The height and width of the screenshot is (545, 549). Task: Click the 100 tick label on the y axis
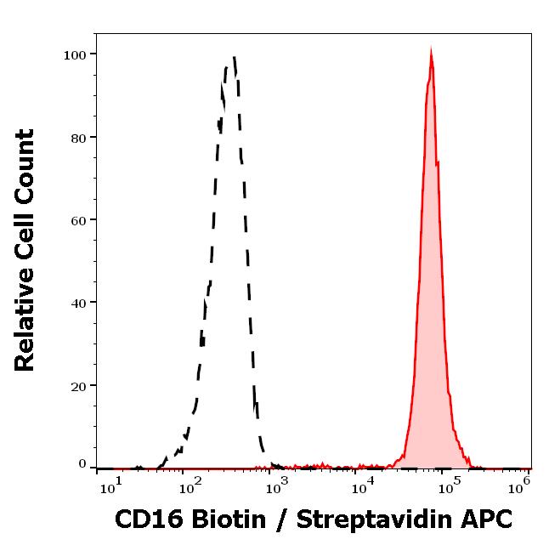(76, 54)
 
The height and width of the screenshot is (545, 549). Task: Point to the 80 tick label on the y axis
(79, 137)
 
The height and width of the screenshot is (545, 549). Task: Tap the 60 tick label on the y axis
(79, 220)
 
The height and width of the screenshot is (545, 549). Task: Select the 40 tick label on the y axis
(79, 303)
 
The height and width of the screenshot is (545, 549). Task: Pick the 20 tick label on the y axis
(79, 386)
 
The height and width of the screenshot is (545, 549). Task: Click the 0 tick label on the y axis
(82, 464)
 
